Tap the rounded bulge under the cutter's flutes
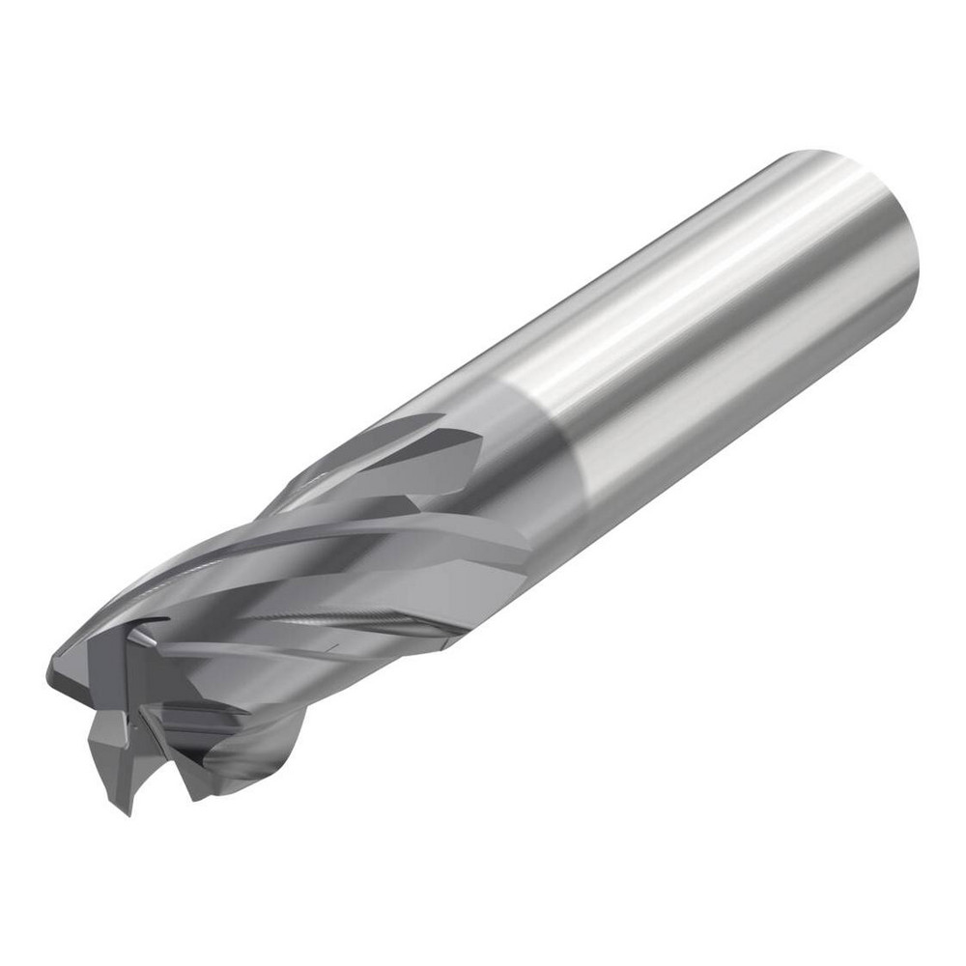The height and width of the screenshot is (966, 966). (x=261, y=763)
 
